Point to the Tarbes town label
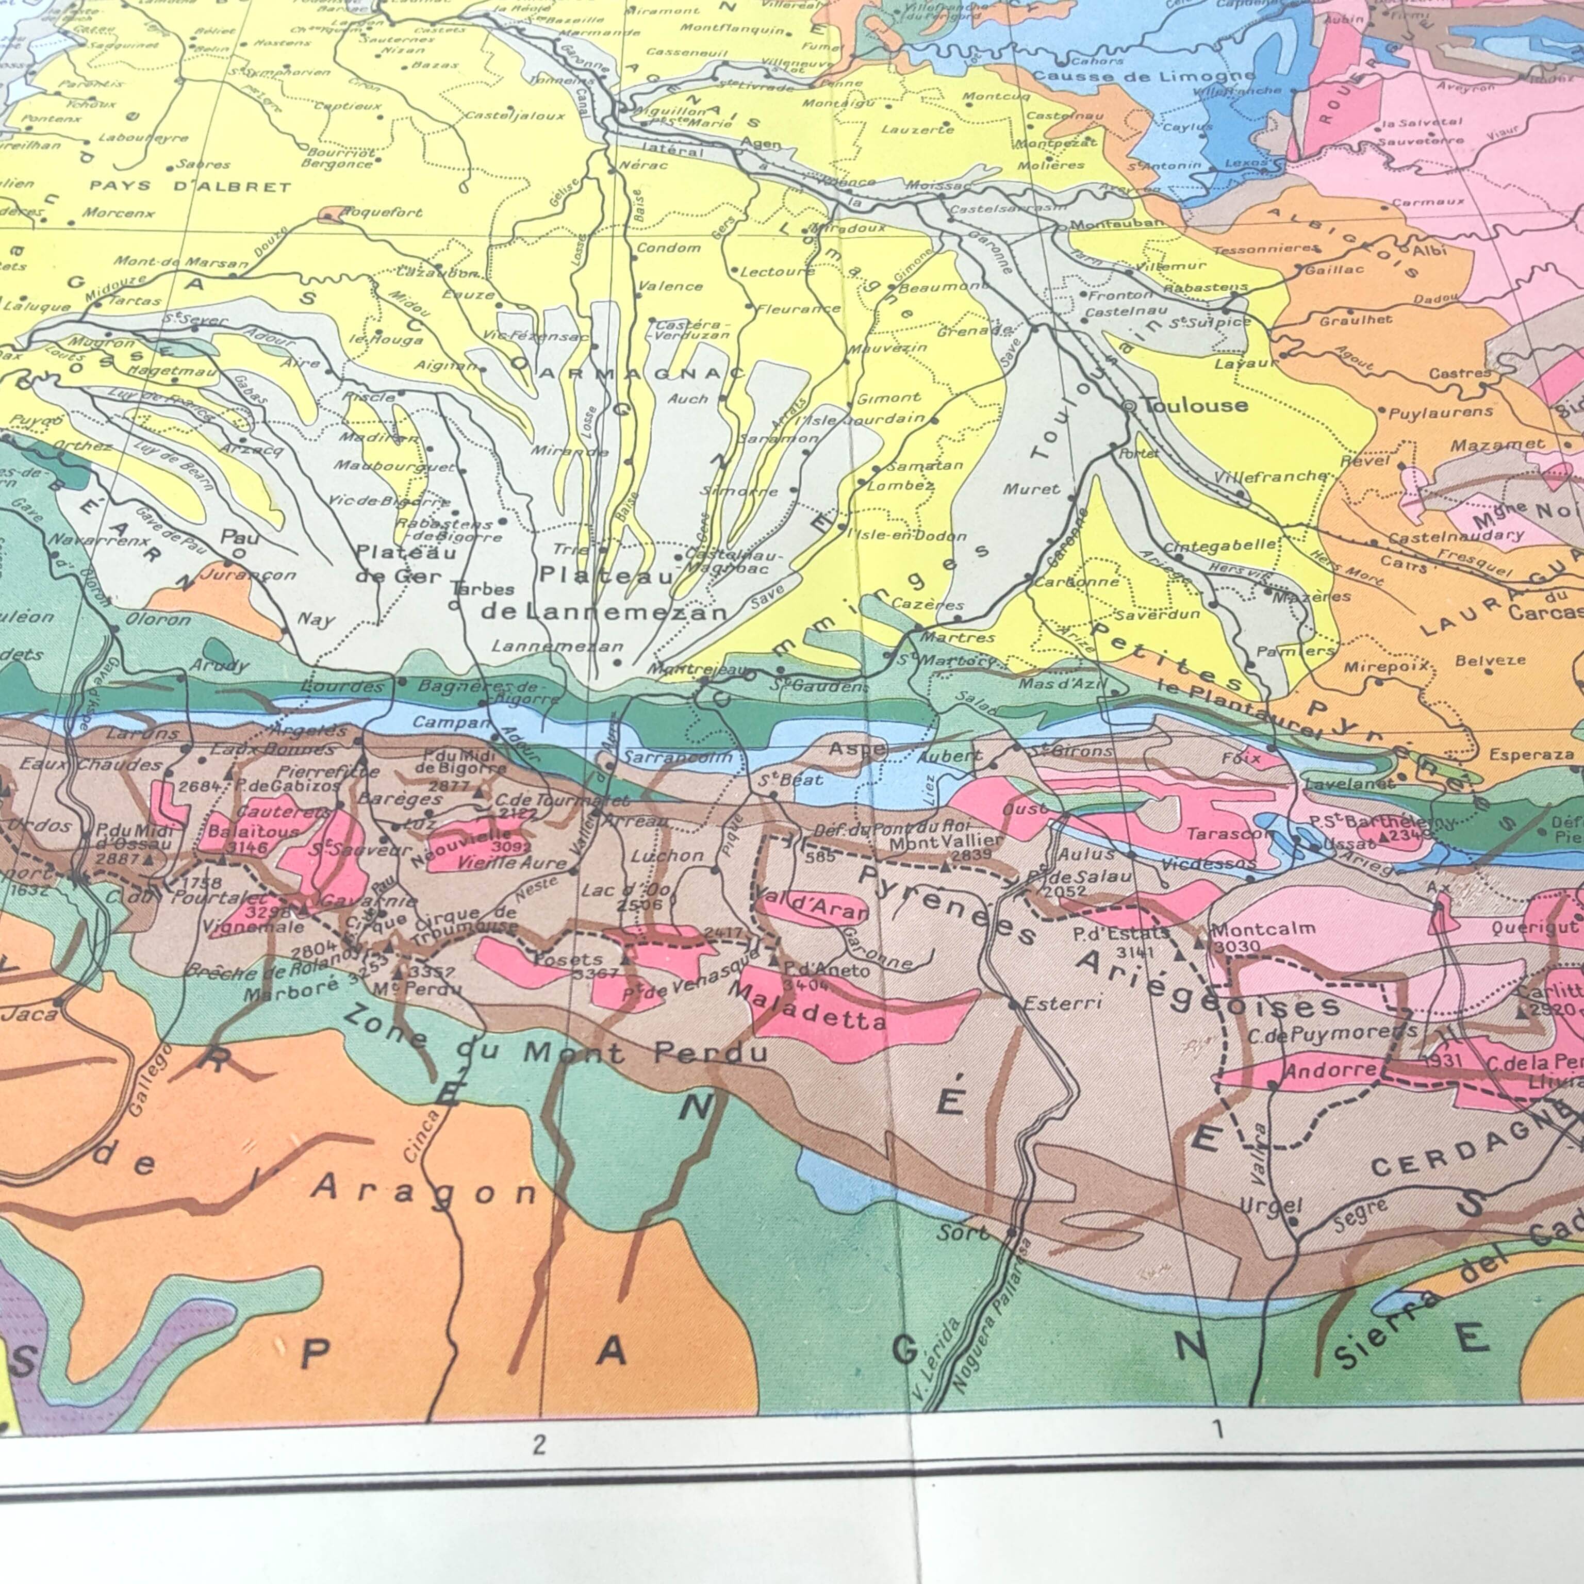click(x=483, y=589)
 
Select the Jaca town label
click(x=29, y=1014)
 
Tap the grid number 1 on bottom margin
click(x=1217, y=1430)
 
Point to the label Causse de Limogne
click(x=1143, y=76)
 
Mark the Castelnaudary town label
click(x=1456, y=536)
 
